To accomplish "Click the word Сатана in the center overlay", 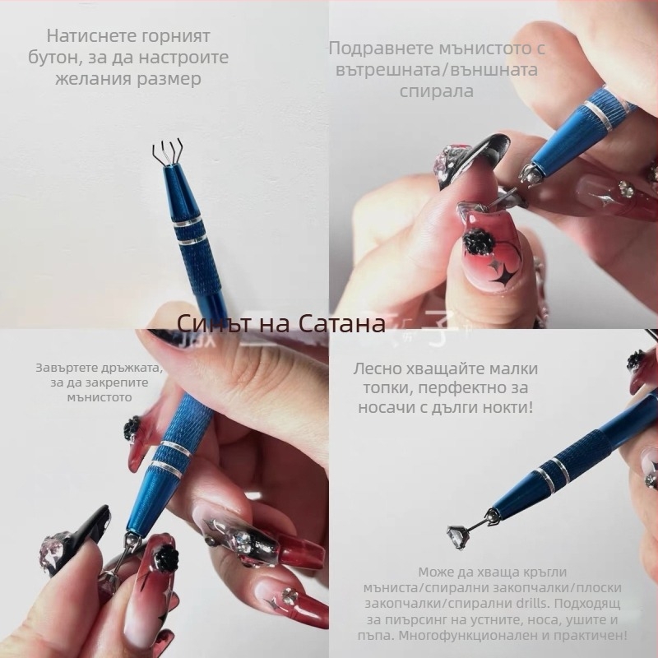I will (336, 323).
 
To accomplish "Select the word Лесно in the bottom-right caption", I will (382, 368).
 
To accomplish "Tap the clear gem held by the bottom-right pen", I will (456, 532).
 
